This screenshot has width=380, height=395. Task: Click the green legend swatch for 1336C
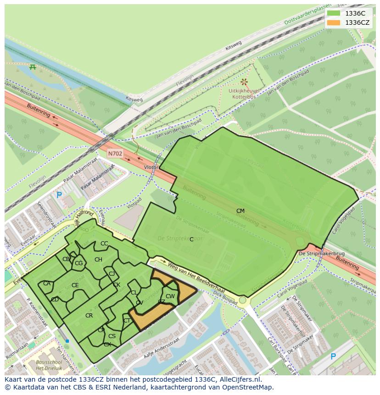point(334,13)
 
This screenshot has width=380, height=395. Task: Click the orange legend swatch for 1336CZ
point(334,22)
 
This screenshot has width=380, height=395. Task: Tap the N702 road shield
point(115,154)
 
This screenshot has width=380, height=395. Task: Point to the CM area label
point(240,211)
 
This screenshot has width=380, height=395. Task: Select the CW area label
point(170,296)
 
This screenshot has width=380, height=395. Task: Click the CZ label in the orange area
point(162,302)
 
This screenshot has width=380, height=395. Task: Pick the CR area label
point(89,316)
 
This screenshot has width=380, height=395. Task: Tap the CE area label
point(75,285)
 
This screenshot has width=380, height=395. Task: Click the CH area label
point(98,260)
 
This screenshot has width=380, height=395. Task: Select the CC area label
point(104,244)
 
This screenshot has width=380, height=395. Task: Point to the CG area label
point(78,263)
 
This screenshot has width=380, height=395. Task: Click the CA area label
point(47,284)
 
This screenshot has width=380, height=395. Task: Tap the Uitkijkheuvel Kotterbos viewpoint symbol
point(244,82)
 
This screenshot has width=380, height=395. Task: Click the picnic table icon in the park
point(33,67)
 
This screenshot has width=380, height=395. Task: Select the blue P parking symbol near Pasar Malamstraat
point(59,195)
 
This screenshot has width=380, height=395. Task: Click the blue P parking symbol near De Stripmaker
point(333,356)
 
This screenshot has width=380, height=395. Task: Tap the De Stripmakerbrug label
point(315,253)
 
